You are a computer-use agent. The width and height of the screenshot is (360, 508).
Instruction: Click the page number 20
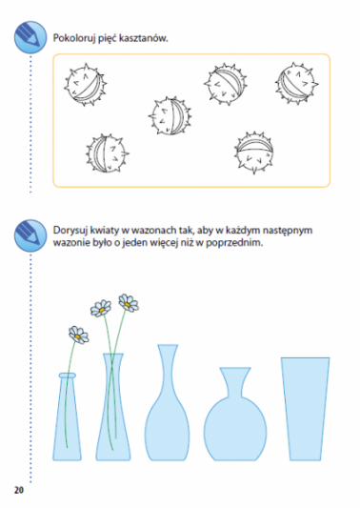tap(19, 490)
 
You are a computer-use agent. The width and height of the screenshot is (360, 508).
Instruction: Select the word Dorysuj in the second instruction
tap(70, 231)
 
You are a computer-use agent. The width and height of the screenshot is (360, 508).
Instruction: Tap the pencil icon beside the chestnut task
tap(30, 37)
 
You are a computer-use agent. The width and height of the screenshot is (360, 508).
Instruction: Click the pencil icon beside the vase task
tap(30, 235)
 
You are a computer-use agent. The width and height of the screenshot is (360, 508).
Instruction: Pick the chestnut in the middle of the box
tap(170, 115)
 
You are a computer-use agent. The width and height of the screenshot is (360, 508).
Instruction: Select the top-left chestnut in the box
tap(85, 85)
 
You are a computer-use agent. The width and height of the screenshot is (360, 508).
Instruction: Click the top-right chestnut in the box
tap(296, 83)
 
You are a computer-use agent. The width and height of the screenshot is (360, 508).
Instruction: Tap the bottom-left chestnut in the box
tap(107, 153)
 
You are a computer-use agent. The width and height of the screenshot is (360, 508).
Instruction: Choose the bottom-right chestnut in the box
tap(254, 152)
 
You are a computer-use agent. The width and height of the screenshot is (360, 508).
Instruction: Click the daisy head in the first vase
tap(78, 335)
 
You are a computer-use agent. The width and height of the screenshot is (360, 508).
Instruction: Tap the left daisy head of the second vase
tap(101, 308)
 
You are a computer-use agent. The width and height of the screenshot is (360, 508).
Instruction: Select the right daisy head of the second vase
tap(129, 302)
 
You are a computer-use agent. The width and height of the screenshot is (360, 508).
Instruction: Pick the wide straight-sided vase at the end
tap(305, 409)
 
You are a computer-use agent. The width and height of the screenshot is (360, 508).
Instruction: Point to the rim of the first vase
tap(68, 376)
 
